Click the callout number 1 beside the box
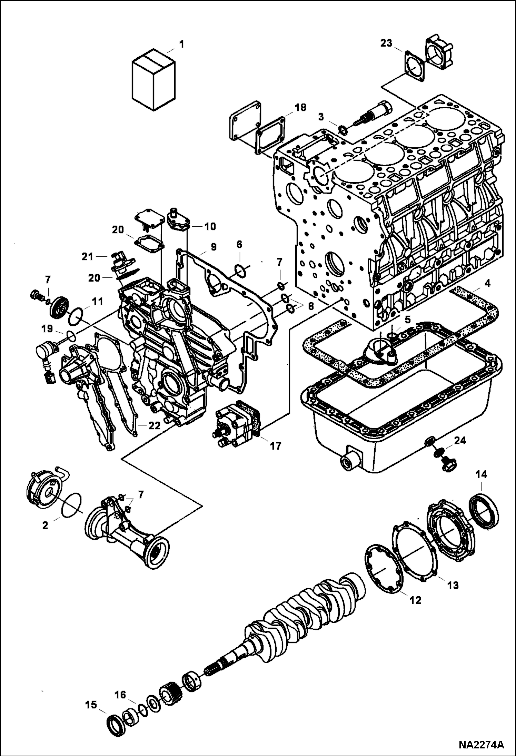pos(181,44)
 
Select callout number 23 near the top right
pos(386,43)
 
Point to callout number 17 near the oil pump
pos(276,446)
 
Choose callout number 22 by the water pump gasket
pos(154,425)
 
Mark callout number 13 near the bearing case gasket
pos(453,585)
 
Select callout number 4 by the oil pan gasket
pos(487,284)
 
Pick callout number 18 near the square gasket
pos(300,108)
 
